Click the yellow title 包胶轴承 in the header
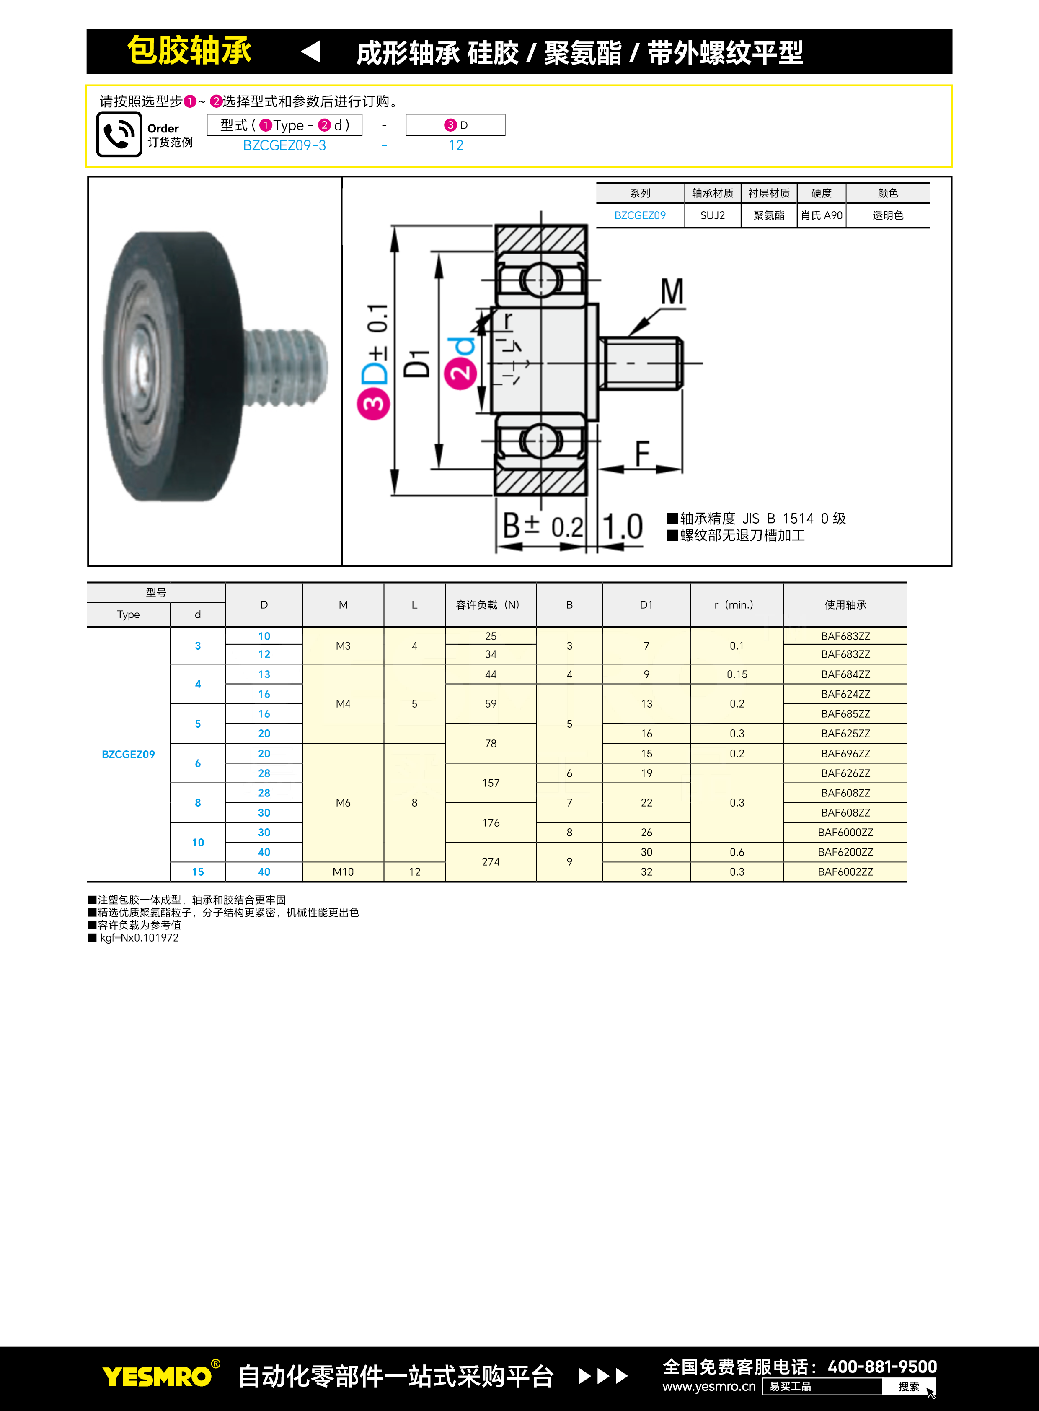click(189, 50)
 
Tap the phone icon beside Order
click(119, 134)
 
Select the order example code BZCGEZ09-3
click(284, 145)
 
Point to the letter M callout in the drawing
click(672, 292)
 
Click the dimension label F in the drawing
click(642, 453)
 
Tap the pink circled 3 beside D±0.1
click(374, 403)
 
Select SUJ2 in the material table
click(713, 215)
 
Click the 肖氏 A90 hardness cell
click(822, 215)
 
